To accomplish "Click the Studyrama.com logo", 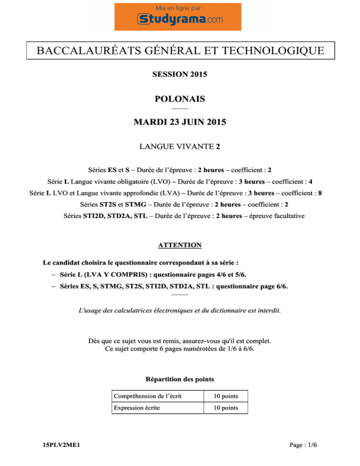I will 180,19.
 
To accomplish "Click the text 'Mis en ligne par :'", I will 180,8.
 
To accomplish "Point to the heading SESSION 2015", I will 180,74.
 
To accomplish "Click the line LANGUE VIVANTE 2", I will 180,147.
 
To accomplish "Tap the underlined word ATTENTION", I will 180,245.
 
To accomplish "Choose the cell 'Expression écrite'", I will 136,408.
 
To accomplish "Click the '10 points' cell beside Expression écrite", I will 223,408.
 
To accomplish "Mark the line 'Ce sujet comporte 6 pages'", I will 180,349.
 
